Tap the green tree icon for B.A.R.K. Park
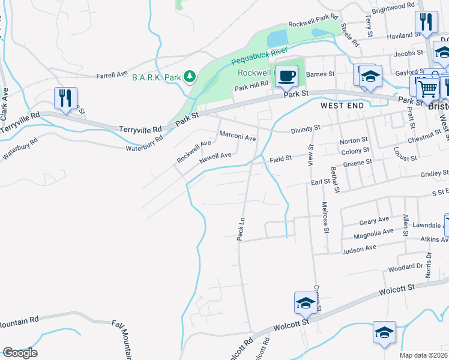click(x=190, y=76)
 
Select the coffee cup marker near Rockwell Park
click(x=286, y=76)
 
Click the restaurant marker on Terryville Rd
click(x=66, y=98)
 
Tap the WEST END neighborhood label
click(x=342, y=105)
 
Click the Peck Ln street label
click(x=241, y=229)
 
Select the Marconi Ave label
click(x=238, y=137)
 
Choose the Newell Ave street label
click(x=215, y=156)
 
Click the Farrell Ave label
click(x=112, y=75)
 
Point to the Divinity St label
click(x=306, y=128)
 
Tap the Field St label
click(x=280, y=159)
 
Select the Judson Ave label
click(x=359, y=247)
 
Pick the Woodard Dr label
click(x=406, y=267)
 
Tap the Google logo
click(x=20, y=353)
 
